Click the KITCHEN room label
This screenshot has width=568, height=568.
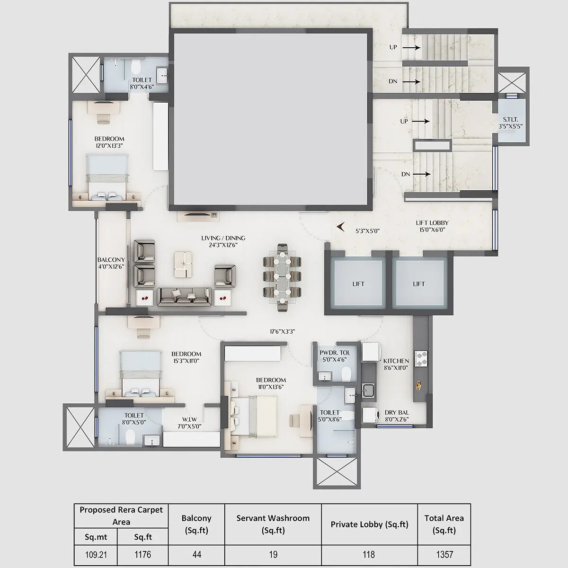click(x=396, y=361)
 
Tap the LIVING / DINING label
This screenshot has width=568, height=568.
click(x=223, y=238)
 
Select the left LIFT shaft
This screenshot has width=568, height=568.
click(x=358, y=284)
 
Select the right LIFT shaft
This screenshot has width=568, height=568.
click(x=418, y=284)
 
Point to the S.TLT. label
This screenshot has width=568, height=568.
click(x=510, y=120)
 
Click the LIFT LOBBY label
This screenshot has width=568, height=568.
click(x=432, y=223)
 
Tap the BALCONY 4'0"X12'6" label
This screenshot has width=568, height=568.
click(x=111, y=260)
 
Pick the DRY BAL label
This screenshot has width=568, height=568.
click(x=397, y=412)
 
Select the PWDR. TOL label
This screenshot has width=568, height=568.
click(x=335, y=353)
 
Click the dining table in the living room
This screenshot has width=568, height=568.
click(x=282, y=277)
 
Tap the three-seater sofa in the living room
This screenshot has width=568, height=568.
click(x=184, y=296)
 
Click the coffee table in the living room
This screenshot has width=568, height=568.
click(x=184, y=264)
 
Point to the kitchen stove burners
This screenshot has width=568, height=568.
click(x=420, y=359)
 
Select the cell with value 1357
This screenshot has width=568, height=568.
click(x=444, y=554)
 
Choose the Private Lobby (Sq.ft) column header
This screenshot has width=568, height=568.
click(x=369, y=524)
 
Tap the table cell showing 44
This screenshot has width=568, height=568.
click(x=196, y=554)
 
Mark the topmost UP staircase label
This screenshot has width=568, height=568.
click(x=393, y=47)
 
